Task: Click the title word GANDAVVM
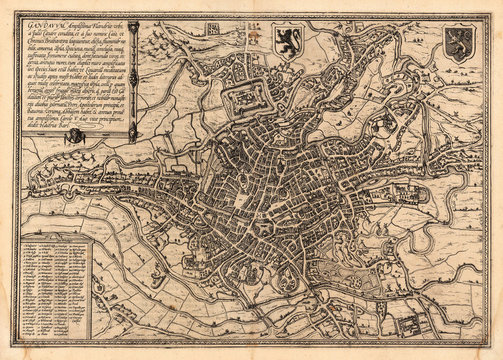pyautogui.click(x=38, y=23)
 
